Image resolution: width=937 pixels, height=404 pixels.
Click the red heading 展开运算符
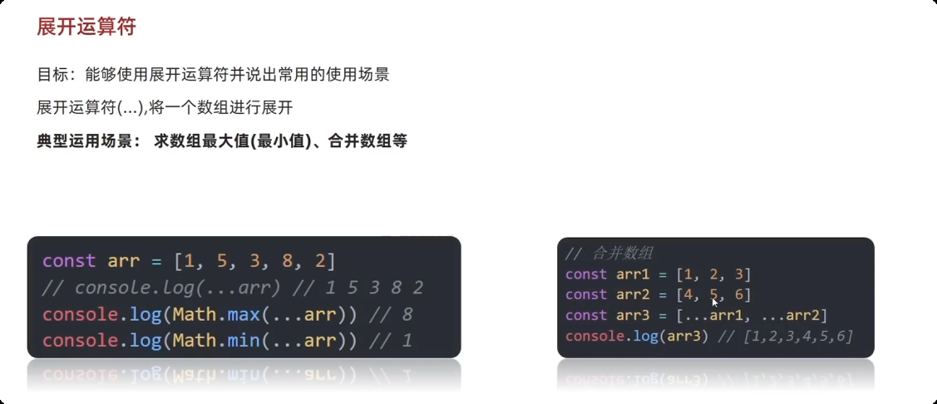pyautogui.click(x=86, y=27)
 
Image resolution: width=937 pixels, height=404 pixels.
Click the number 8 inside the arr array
pyautogui.click(x=288, y=261)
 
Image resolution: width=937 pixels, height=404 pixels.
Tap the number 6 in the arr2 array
pyautogui.click(x=738, y=295)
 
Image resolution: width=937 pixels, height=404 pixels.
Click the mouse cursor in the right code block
pyautogui.click(x=714, y=303)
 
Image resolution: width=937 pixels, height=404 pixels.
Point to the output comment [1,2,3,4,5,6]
pyautogui.click(x=799, y=337)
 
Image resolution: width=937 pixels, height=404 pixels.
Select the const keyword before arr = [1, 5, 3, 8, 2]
pyautogui.click(x=69, y=261)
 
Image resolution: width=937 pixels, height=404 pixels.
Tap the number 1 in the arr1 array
pyautogui.click(x=687, y=274)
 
